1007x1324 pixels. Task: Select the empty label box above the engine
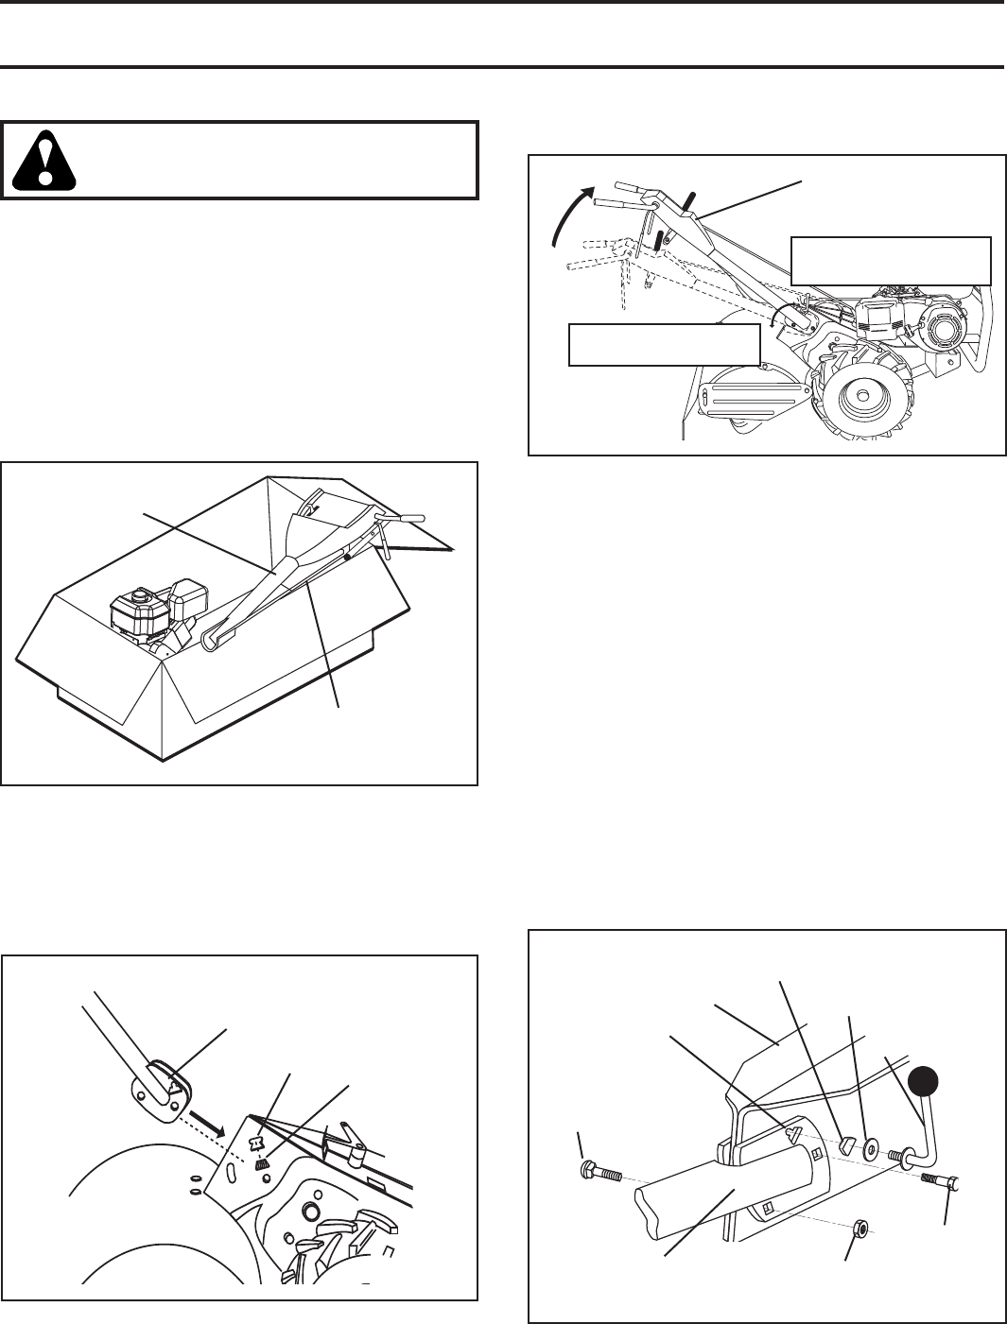(x=891, y=261)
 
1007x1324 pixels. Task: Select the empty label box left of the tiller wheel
(x=664, y=344)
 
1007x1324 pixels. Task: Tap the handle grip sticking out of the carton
(x=405, y=518)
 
